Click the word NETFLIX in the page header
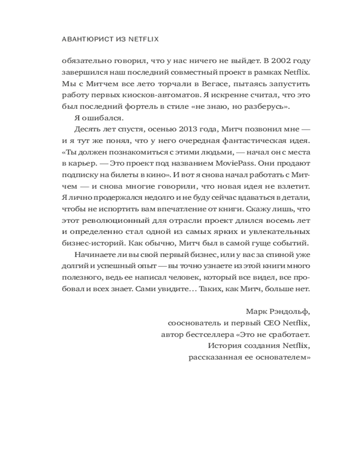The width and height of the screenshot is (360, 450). pos(144,39)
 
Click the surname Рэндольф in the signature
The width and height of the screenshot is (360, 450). pos(291,311)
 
